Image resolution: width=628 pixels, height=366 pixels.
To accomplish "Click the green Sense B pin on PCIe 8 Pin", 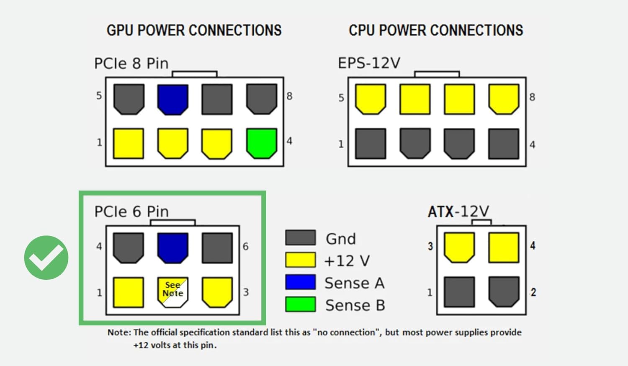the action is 262,143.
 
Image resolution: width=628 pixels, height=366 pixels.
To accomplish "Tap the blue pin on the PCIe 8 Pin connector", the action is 172,99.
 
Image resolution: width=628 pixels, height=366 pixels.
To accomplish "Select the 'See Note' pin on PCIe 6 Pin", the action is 172,292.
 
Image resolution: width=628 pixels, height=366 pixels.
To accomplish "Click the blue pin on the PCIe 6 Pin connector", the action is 172,248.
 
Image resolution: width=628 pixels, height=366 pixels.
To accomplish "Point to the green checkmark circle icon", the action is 46,258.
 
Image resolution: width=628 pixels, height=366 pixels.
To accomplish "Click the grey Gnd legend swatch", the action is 300,237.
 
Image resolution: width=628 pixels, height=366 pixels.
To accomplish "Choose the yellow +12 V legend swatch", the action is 300,260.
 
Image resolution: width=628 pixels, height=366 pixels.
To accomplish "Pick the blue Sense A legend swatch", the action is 300,282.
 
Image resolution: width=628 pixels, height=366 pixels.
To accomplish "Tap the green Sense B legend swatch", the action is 300,304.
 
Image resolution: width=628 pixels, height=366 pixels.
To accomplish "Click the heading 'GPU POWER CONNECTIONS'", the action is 194,30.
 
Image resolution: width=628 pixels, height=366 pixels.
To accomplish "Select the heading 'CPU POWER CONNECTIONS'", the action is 436,30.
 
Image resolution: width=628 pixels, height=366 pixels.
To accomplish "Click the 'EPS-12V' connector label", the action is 369,63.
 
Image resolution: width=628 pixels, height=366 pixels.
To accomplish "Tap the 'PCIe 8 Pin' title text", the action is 131,63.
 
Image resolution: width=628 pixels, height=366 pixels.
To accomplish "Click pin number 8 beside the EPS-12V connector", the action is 532,97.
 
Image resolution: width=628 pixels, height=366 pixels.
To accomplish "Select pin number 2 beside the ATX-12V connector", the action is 533,292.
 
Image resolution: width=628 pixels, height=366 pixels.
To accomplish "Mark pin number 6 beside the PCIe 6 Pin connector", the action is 246,247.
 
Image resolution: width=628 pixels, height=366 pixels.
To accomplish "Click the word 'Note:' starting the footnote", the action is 119,332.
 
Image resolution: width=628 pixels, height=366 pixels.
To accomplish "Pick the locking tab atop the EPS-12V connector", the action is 437,74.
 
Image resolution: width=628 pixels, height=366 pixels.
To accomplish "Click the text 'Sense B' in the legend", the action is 355,305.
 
